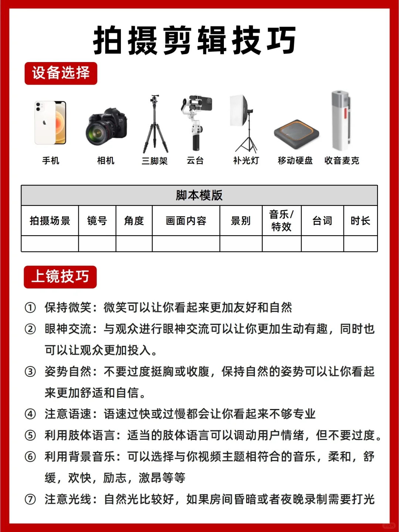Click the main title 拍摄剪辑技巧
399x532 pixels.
coord(195,41)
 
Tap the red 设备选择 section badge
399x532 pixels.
coord(61,73)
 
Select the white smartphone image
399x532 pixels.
coord(51,123)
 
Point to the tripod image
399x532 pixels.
coord(155,124)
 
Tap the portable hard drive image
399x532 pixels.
coord(296,134)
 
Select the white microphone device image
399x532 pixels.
coord(340,120)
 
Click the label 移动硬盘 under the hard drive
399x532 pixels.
coord(295,161)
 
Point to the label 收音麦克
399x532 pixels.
coord(342,161)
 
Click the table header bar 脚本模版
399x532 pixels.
coord(199,195)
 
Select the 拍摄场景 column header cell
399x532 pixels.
coord(50,221)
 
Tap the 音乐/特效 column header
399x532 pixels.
coord(282,221)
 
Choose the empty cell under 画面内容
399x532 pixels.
coord(186,244)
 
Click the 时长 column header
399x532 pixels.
coord(360,221)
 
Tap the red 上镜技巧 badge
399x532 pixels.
coord(60,277)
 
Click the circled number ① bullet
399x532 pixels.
coord(30,307)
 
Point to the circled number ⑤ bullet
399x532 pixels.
coord(30,435)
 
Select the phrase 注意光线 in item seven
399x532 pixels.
coord(68,499)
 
